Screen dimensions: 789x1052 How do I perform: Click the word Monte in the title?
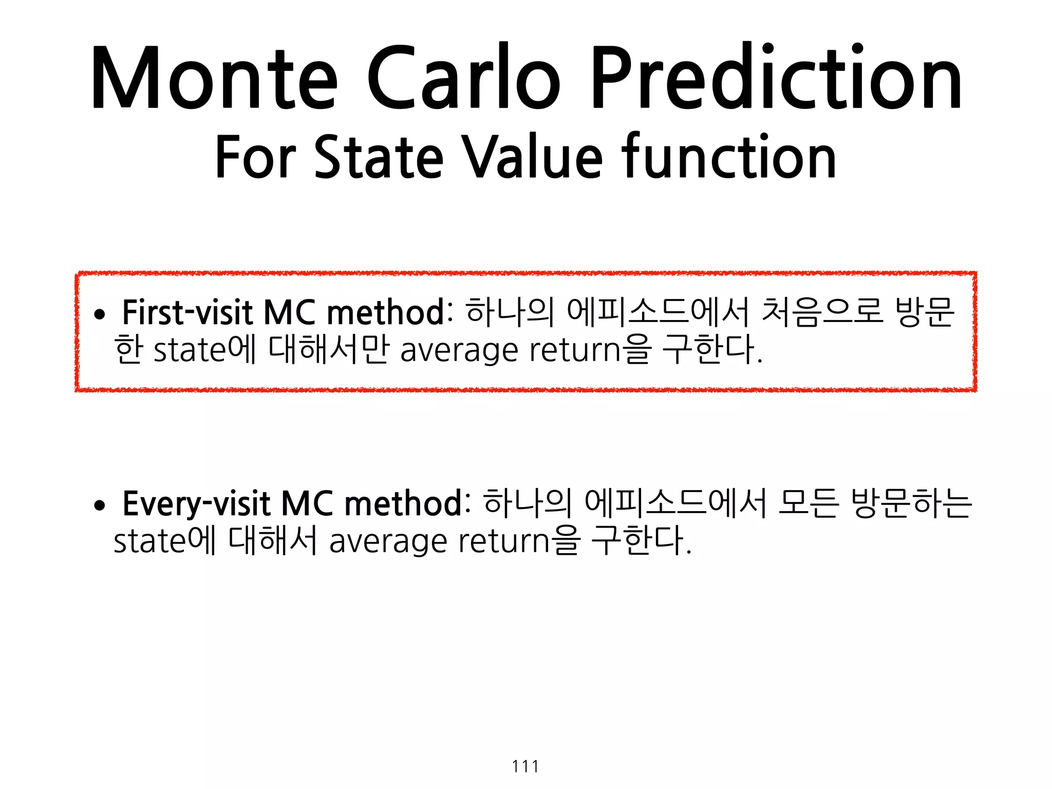[214, 78]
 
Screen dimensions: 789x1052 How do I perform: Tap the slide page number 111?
[525, 766]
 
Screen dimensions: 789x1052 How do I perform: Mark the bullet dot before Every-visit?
[100, 505]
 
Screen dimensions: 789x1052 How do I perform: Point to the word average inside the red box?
[459, 351]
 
